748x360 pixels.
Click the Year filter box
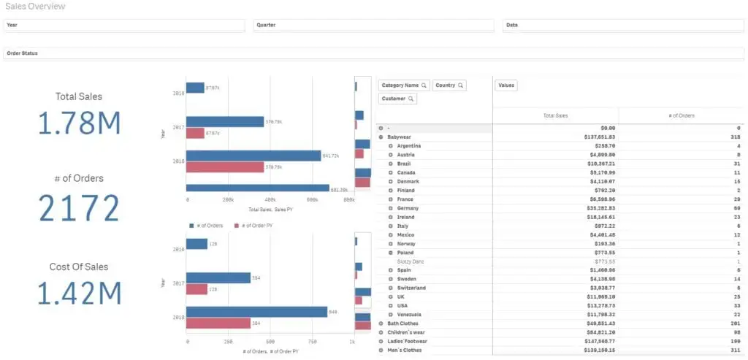(x=123, y=25)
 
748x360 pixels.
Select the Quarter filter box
(x=374, y=25)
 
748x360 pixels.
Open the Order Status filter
(x=374, y=53)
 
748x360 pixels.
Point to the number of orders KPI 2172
(x=79, y=209)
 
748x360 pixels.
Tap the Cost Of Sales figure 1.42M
(x=79, y=294)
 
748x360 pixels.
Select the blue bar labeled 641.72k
(x=253, y=156)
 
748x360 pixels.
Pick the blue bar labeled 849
(x=256, y=312)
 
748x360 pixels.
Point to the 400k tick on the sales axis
(x=270, y=199)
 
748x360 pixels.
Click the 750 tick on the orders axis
(x=312, y=341)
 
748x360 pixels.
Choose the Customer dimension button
(x=397, y=99)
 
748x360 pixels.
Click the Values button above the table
(x=505, y=85)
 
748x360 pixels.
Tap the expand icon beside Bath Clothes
(x=381, y=323)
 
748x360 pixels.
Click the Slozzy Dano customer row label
(x=411, y=261)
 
